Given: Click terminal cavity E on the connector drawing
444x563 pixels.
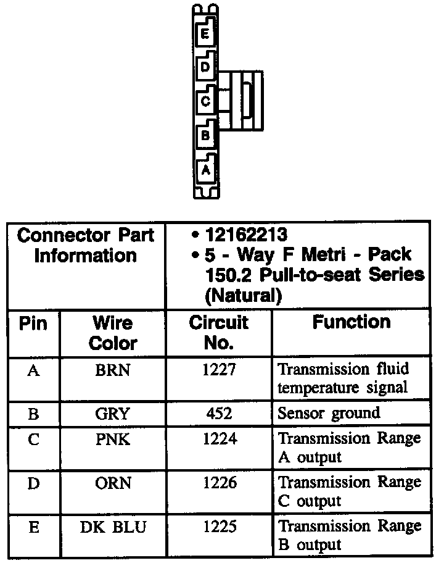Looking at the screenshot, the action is tap(205, 34).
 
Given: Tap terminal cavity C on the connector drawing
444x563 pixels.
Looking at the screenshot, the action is tap(205, 101).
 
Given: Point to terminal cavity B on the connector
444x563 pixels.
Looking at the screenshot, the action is tap(205, 134).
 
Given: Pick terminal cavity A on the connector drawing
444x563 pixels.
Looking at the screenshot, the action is tap(206, 168).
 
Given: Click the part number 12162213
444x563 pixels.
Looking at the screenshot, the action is tap(246, 235).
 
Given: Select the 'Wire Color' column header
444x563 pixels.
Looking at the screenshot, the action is tap(113, 333).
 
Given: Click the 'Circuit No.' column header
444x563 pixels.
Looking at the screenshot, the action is tap(218, 333).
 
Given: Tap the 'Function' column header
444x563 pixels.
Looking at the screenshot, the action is tap(351, 322).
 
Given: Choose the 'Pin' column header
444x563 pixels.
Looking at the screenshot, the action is tap(33, 323).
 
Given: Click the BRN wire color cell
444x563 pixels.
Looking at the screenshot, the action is tap(113, 370).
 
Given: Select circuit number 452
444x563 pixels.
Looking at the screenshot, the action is tap(218, 414).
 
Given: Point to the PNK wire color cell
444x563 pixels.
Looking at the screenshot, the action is tap(113, 440).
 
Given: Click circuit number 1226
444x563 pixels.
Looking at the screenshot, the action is tap(218, 483).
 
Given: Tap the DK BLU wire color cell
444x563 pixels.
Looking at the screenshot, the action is tap(113, 527).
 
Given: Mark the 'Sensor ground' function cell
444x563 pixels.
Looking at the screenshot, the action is tap(329, 413).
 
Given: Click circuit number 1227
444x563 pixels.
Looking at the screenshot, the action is tap(218, 370).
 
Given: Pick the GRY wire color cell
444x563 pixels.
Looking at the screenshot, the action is tap(113, 414).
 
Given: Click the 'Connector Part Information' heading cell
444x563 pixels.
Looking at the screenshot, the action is tap(86, 245).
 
